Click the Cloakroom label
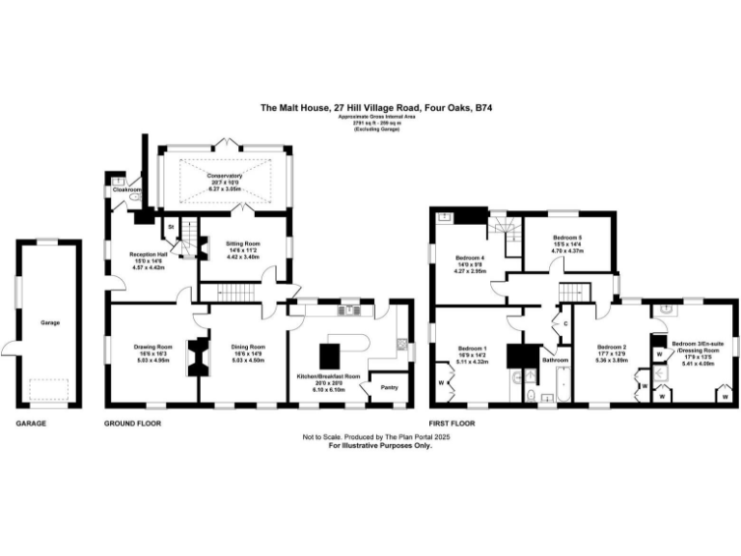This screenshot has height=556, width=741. pyautogui.click(x=127, y=190)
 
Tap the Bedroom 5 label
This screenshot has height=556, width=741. pyautogui.click(x=567, y=237)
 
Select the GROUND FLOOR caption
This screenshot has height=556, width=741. pyautogui.click(x=132, y=423)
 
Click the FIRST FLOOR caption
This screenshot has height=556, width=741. pyautogui.click(x=453, y=423)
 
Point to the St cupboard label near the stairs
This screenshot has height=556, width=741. pyautogui.click(x=171, y=226)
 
